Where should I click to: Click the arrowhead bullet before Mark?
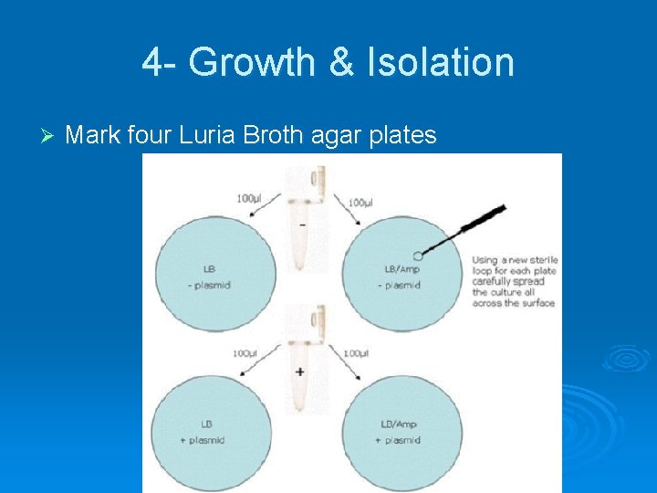49,136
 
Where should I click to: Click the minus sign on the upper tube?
302,226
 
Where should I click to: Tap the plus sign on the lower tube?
300,372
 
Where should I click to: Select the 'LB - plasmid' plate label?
211,277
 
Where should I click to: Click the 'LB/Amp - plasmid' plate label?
401,277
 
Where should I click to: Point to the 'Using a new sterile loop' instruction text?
515,281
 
